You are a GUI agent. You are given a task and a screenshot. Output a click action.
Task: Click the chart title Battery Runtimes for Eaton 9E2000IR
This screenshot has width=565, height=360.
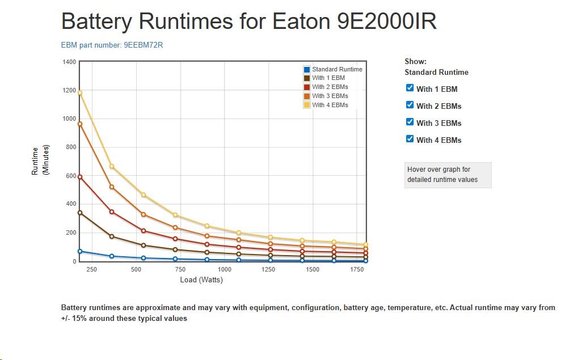click(248, 21)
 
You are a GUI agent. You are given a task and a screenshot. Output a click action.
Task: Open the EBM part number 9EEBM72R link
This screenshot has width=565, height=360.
click(112, 45)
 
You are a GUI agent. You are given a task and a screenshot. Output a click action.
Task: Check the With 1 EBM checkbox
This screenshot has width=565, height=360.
click(410, 88)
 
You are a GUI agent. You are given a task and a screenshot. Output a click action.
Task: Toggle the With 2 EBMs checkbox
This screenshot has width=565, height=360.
click(410, 105)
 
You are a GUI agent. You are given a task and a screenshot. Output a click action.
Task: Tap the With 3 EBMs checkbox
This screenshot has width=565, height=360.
click(410, 122)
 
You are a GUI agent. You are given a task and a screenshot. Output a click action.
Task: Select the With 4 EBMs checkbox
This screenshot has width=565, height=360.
click(410, 139)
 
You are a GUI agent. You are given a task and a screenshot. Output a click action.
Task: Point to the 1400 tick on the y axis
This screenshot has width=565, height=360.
click(69, 62)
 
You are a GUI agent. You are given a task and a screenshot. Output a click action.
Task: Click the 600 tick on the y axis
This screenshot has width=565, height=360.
click(71, 176)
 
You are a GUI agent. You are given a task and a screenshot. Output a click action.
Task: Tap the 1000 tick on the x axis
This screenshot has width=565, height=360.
click(225, 270)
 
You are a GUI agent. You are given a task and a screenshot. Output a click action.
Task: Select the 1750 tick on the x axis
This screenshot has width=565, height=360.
click(357, 270)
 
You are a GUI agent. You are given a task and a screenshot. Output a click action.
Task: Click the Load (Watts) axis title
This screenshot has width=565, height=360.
click(201, 280)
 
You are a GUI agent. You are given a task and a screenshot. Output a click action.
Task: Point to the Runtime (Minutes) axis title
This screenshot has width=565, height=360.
click(40, 160)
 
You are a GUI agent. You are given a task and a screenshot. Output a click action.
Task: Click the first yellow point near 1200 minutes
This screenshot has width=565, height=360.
click(80, 93)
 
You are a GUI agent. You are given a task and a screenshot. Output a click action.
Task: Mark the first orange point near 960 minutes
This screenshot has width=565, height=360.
click(80, 124)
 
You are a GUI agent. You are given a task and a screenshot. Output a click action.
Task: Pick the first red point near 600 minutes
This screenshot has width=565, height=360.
click(80, 177)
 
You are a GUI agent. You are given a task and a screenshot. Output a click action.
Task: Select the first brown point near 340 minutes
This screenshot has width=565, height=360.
click(80, 213)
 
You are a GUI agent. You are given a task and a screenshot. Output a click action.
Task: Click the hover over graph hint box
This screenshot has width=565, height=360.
click(448, 175)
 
